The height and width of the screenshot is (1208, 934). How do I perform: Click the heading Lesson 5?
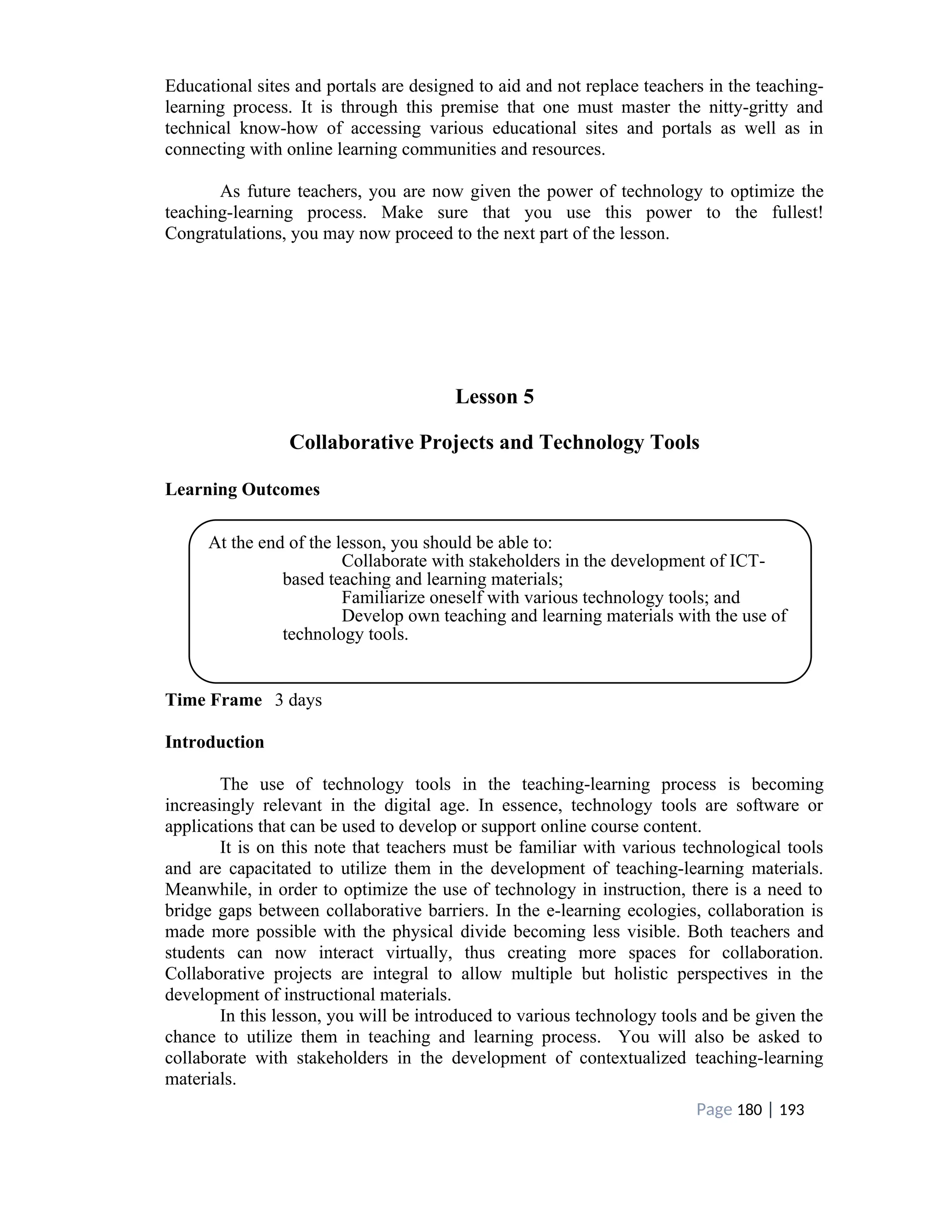tap(494, 397)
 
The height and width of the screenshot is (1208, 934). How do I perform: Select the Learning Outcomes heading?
tap(242, 490)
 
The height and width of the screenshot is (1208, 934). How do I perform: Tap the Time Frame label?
tap(213, 700)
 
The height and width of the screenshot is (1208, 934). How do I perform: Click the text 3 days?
tap(298, 700)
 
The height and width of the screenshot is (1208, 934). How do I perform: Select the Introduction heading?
tap(215, 742)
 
